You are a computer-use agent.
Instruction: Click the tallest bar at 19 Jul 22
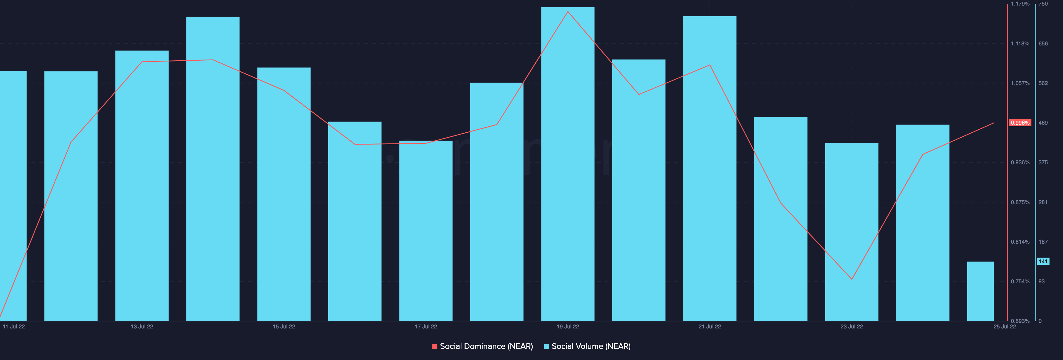coord(567,165)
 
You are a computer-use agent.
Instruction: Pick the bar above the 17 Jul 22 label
coord(425,231)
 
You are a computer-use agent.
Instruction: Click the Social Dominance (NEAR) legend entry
coord(483,346)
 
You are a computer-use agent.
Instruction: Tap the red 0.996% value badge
coord(1020,123)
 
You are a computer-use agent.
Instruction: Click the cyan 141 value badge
coord(1043,261)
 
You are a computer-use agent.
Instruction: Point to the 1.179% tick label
coord(1020,4)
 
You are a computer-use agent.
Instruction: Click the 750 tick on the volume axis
coord(1043,4)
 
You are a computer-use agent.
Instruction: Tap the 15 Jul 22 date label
coord(284,326)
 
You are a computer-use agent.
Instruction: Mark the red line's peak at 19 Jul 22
coord(568,12)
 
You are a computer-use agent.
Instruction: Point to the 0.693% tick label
coord(1020,321)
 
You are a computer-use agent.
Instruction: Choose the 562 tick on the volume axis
coord(1043,83)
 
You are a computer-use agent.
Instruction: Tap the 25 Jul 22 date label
coord(1004,326)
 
